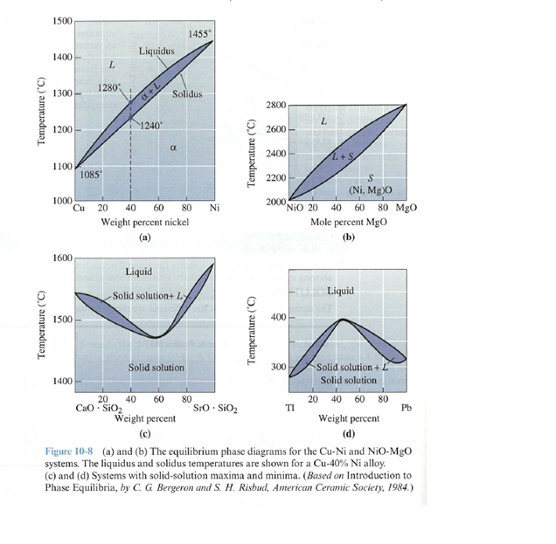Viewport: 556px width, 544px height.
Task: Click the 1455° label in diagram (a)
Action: tap(200, 33)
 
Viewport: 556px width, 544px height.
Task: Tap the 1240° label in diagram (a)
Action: tap(149, 125)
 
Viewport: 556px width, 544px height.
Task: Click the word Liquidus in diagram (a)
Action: tap(157, 52)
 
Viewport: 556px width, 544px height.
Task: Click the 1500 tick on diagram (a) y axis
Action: tap(61, 20)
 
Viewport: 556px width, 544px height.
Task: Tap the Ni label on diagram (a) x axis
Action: tap(214, 209)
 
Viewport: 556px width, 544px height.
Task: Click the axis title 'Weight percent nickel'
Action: tap(145, 223)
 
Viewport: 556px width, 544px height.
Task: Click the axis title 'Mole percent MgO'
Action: tap(350, 223)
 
